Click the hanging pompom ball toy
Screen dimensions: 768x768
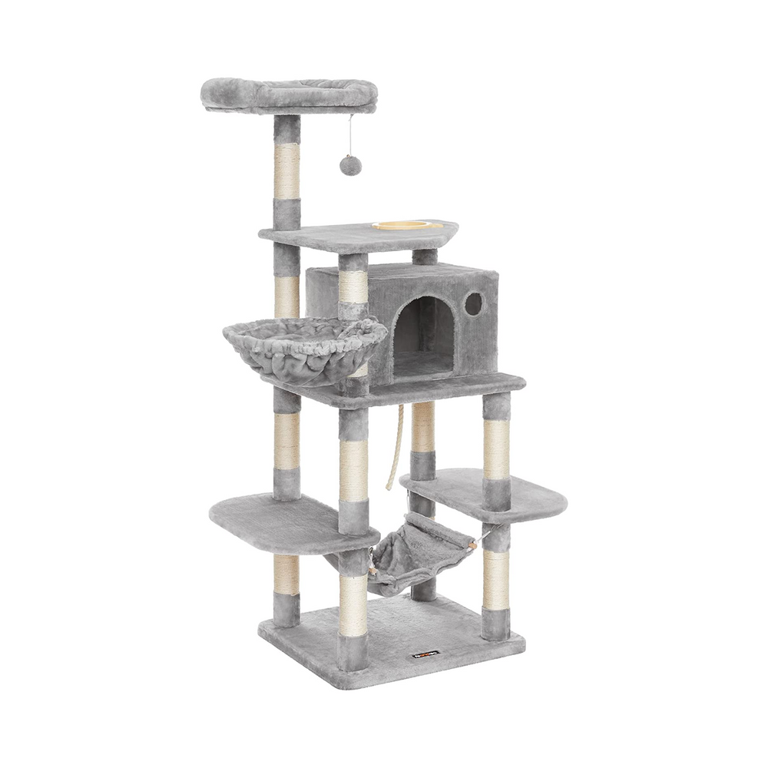click(x=350, y=164)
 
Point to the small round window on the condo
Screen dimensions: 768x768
click(x=474, y=304)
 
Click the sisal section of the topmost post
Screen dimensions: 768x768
click(x=287, y=172)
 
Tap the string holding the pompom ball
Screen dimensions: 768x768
click(x=350, y=134)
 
